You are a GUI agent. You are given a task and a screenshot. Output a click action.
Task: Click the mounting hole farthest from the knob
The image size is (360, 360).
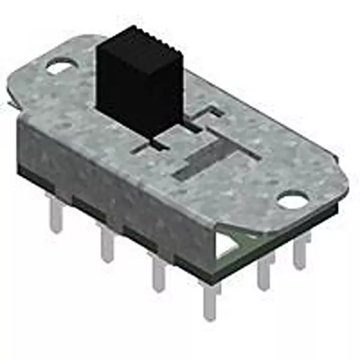[293, 199]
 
